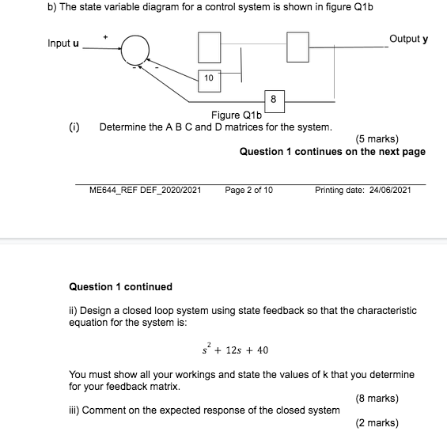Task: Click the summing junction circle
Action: (136, 50)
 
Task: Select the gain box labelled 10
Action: (209, 78)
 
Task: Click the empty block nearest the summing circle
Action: (209, 47)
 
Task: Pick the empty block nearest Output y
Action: (297, 47)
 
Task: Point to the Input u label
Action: (63, 43)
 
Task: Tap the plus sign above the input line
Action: (102, 36)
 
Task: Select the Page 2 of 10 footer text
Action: (248, 191)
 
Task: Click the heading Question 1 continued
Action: (120, 286)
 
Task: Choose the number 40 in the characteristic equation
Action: (263, 350)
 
